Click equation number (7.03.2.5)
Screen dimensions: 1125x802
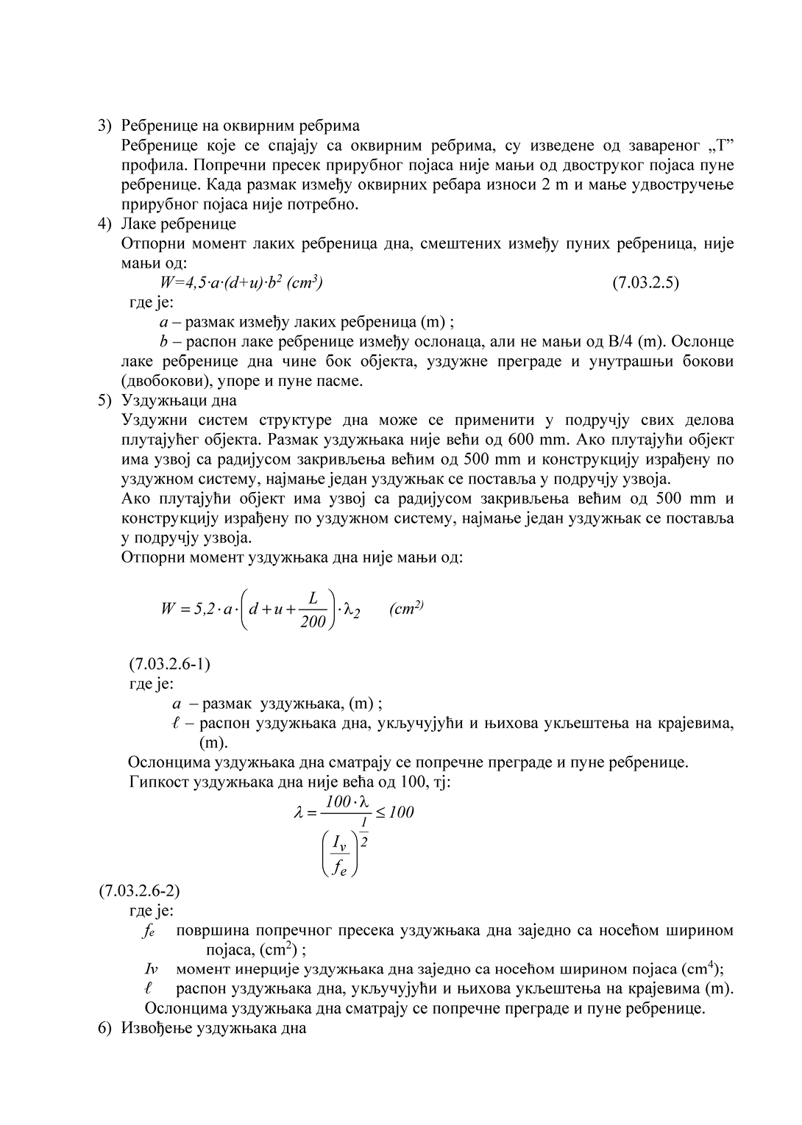coord(645,283)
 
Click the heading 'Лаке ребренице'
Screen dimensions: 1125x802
coord(178,224)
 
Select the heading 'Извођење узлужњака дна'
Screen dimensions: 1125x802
coord(213,1027)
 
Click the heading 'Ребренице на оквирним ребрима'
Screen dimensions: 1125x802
coord(240,125)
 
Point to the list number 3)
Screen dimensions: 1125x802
coord(105,125)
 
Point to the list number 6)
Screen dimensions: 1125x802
coord(105,1027)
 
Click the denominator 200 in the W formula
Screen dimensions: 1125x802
coord(313,623)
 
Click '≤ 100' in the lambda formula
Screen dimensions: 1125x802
coord(394,812)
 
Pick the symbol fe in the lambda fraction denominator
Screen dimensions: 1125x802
coord(339,868)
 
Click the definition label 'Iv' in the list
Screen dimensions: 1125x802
coord(152,968)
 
